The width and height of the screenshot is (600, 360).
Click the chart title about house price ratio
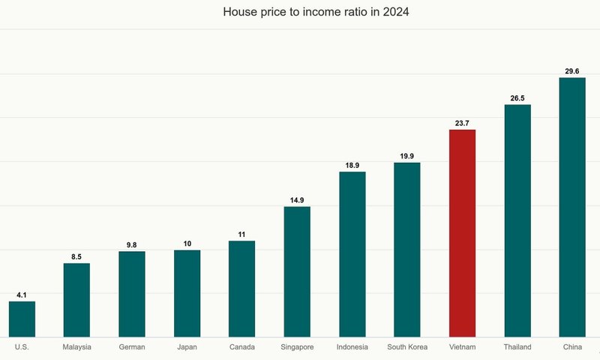[300, 13]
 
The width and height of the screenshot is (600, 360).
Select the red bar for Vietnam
[462, 233]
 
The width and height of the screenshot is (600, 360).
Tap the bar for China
[572, 207]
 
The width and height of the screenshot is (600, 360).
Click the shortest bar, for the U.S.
[22, 319]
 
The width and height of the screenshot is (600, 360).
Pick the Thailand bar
[517, 220]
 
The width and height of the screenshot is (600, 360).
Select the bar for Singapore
[297, 271]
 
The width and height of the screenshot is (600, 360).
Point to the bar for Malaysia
[76, 300]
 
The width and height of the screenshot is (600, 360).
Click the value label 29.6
[572, 71]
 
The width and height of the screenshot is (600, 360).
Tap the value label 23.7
[462, 123]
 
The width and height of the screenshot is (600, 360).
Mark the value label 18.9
[352, 165]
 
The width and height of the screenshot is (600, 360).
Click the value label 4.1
[22, 295]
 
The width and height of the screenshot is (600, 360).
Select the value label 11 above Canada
[241, 234]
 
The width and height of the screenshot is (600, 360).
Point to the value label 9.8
[132, 244]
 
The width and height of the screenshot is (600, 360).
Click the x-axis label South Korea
[407, 347]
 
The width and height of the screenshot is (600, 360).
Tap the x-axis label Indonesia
[352, 347]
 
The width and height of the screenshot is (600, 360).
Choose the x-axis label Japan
[187, 347]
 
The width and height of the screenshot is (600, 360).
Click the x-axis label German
[132, 347]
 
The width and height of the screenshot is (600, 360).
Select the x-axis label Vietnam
[462, 347]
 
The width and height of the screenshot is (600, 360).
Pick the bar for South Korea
[407, 250]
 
